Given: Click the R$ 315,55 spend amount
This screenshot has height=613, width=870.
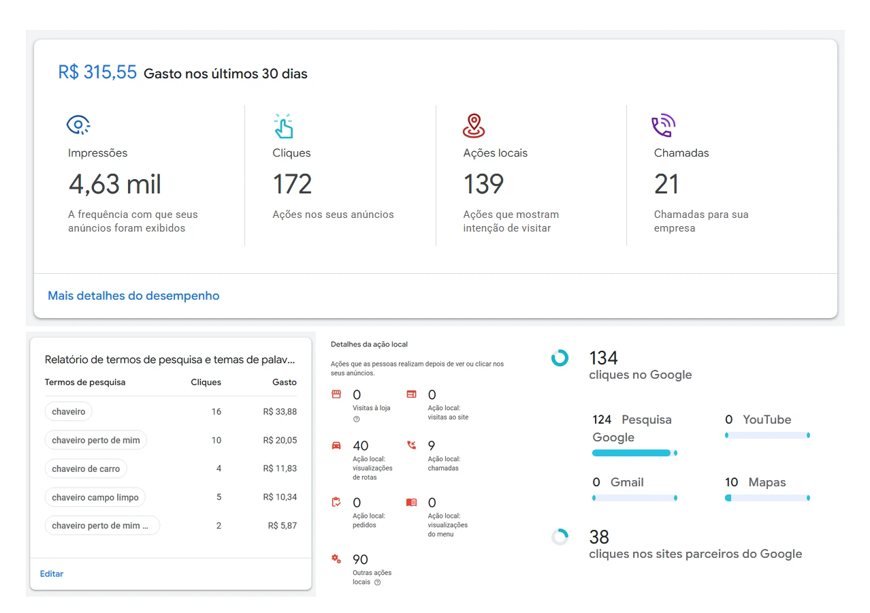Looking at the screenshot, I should [97, 72].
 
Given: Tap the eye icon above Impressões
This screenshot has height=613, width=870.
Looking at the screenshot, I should [78, 125].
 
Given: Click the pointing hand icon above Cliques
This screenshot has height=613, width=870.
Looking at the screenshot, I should [283, 126].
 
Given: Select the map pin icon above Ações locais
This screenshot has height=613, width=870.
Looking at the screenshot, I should [474, 125].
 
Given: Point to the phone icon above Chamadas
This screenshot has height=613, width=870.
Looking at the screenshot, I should [663, 125].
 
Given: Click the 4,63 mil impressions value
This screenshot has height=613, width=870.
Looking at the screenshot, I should [114, 184].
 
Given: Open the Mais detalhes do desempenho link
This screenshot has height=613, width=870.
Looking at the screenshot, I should [133, 296].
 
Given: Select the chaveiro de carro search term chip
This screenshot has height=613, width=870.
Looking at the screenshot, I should [86, 469].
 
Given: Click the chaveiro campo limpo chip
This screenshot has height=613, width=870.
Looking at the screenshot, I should [95, 497].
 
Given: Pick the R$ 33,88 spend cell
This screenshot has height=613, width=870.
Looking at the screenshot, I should [280, 411].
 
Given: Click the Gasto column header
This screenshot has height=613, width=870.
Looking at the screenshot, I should [285, 382].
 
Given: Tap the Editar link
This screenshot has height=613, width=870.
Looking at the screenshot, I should [52, 573].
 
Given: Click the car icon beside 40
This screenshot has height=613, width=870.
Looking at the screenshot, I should [336, 446].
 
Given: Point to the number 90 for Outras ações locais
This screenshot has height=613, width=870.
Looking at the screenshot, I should [360, 559].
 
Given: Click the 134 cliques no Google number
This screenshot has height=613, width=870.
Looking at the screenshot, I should [603, 358].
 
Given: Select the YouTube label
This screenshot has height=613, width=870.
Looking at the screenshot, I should [767, 420].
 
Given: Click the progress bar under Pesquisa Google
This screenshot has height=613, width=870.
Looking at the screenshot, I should [634, 453].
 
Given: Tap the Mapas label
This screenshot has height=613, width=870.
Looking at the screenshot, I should [767, 482].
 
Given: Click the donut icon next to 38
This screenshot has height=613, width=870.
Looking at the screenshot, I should [560, 537].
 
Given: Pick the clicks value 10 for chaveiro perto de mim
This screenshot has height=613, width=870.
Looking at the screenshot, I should [216, 440].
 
